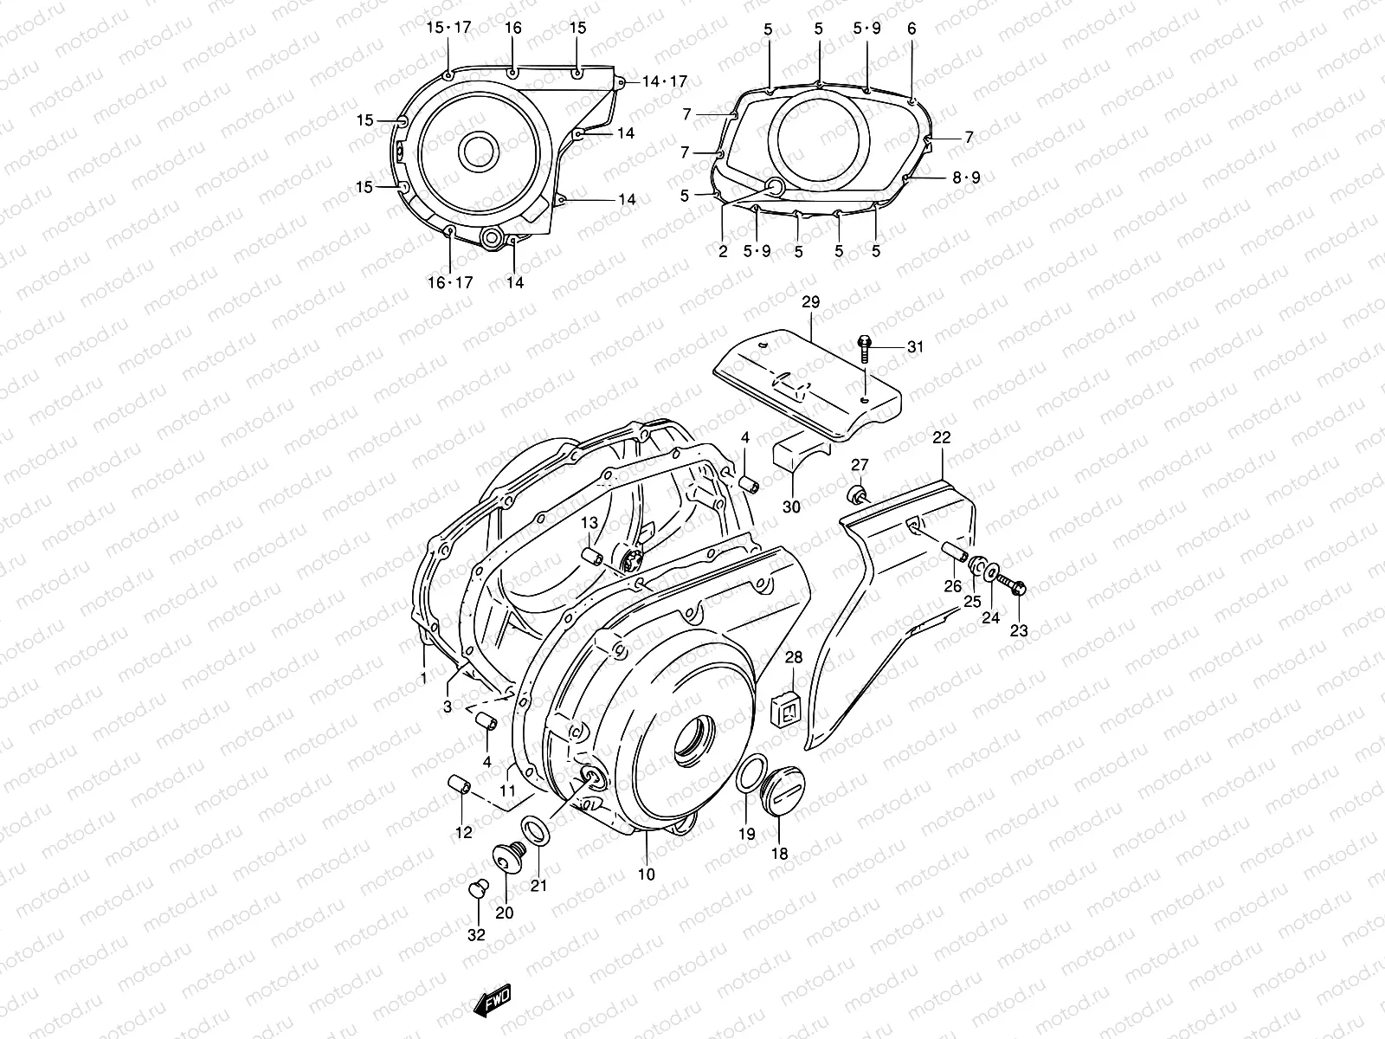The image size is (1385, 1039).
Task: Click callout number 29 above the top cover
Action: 810,302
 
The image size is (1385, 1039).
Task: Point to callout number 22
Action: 942,438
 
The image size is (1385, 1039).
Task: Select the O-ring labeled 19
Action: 750,772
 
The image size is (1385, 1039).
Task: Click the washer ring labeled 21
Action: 536,829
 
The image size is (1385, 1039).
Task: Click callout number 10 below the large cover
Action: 647,874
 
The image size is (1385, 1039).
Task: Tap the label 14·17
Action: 664,81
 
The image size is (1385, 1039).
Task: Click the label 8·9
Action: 966,177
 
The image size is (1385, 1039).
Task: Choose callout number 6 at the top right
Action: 912,29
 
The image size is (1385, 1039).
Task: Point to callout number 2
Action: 723,251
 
